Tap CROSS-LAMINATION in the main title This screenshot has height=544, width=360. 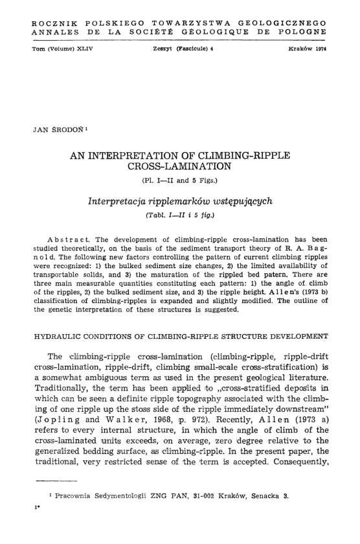point(179,168)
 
